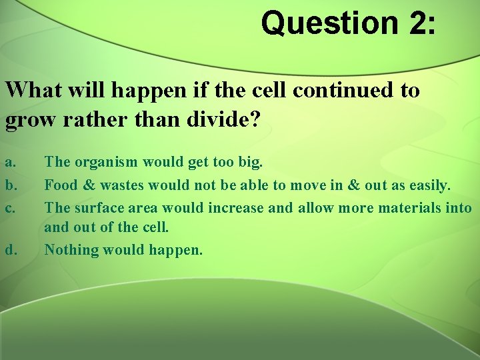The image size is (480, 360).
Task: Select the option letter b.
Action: [10, 184]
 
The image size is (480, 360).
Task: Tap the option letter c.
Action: [9, 207]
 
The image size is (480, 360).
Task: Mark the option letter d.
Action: [10, 250]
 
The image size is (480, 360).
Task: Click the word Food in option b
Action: [61, 184]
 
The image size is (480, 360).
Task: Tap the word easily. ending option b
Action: [426, 184]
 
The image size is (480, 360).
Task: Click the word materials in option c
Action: [409, 207]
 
